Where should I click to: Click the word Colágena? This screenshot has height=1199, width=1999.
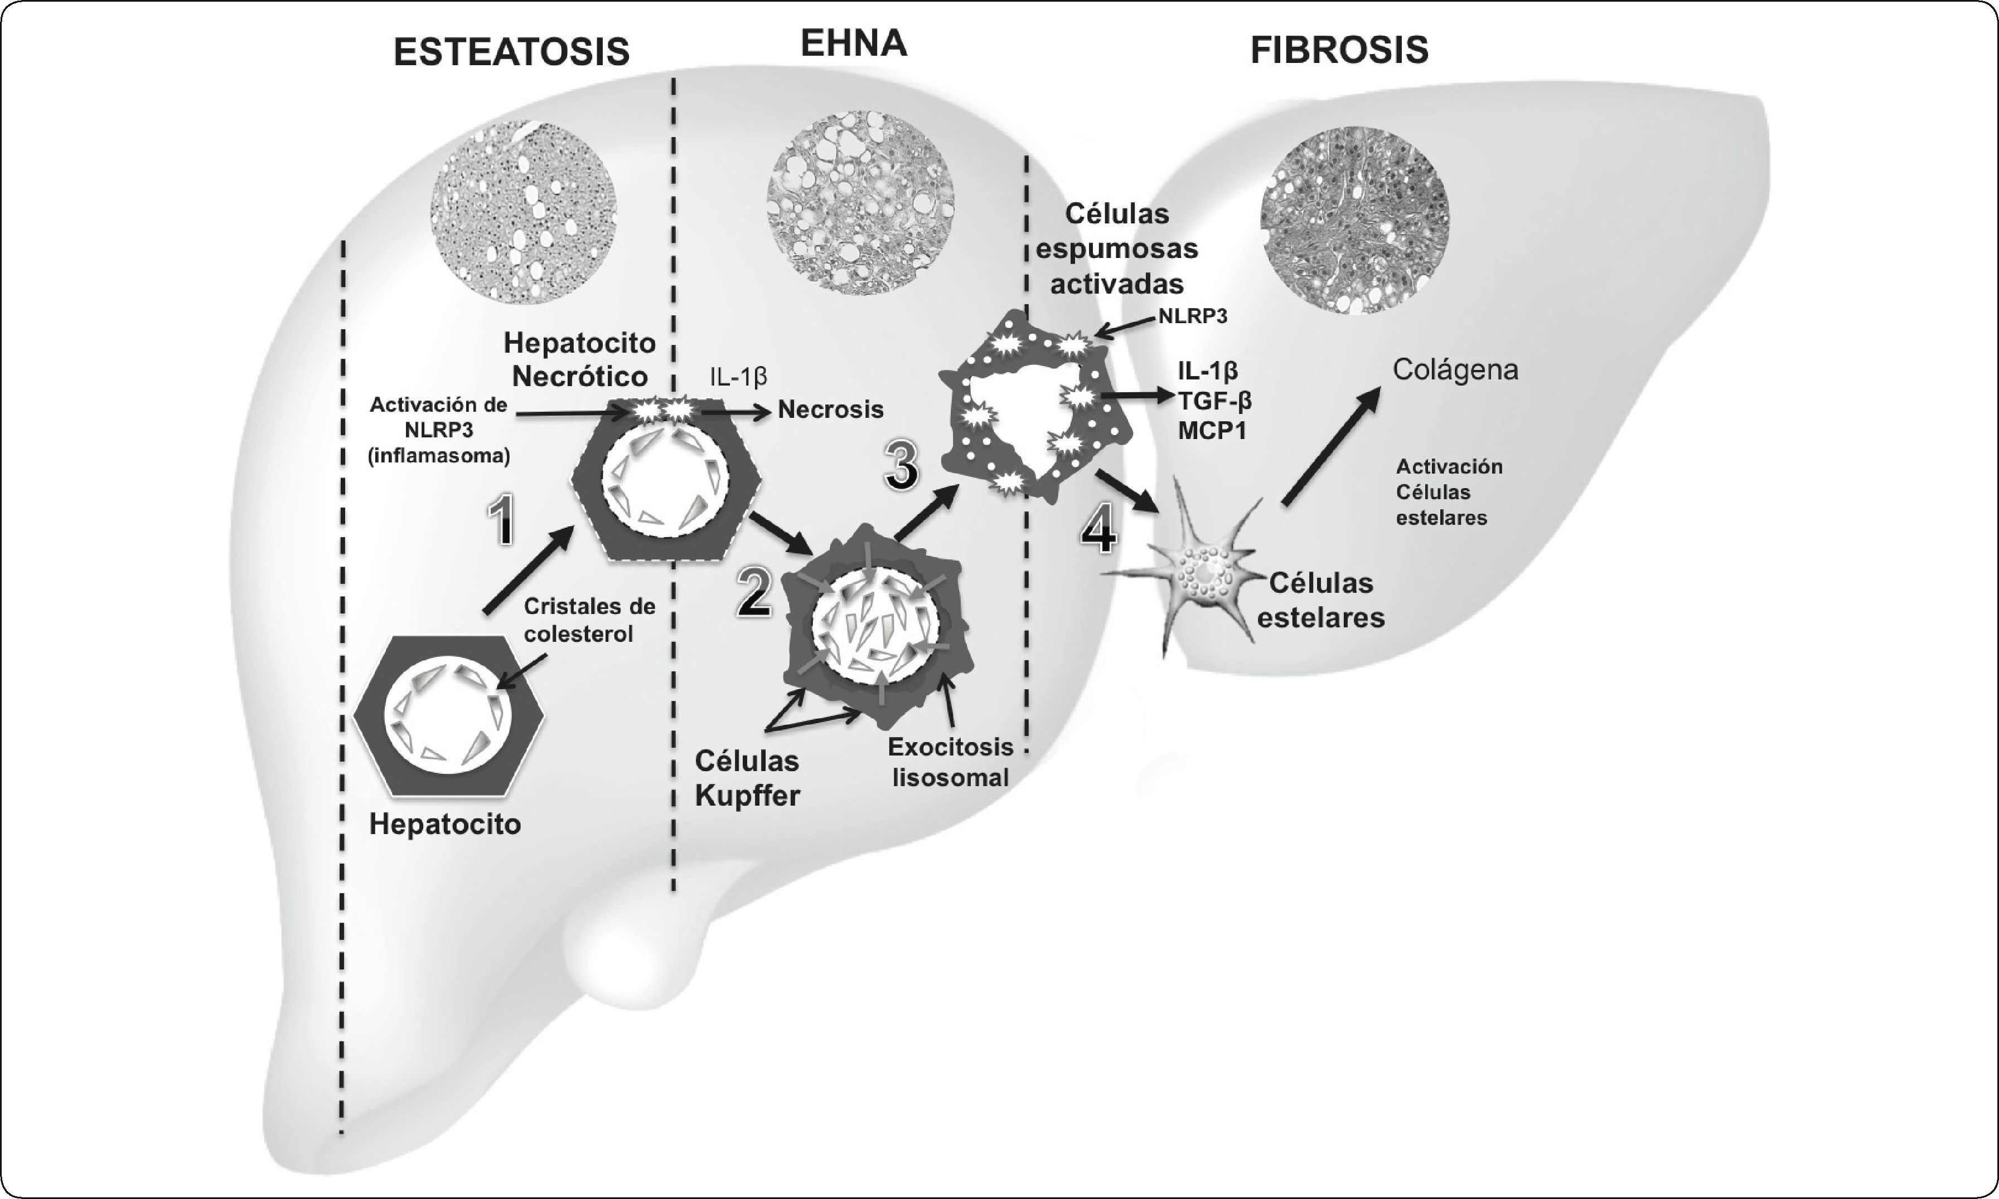pos(1455,370)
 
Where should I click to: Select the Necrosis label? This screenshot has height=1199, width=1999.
pos(830,410)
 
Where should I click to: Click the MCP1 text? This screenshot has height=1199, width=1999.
pos(1212,430)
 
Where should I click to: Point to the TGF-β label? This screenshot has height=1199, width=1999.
pos(1215,400)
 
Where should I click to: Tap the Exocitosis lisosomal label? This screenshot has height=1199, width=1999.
pos(950,762)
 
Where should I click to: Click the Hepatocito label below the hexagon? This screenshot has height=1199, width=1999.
pos(444,824)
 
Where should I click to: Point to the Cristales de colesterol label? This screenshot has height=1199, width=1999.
pos(589,620)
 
